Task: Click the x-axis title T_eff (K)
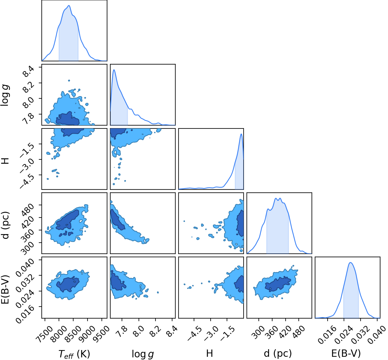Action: pyautogui.click(x=74, y=354)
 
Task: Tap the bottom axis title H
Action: pyautogui.click(x=209, y=353)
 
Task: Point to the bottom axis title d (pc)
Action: pyautogui.click(x=278, y=354)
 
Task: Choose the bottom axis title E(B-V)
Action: pyautogui.click(x=346, y=354)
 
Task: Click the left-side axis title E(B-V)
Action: pyautogui.click(x=6, y=289)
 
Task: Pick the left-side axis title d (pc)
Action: pyautogui.click(x=6, y=225)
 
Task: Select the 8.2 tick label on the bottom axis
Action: pyautogui.click(x=156, y=331)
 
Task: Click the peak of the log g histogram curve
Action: pyautogui.click(x=114, y=70)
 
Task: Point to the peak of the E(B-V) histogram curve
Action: pyautogui.click(x=350, y=262)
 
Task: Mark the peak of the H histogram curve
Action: pyautogui.click(x=241, y=134)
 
